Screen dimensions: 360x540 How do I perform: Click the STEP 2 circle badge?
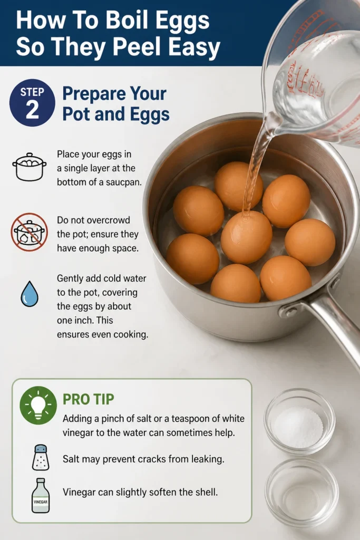[32, 103]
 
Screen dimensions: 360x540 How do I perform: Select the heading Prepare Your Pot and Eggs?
[115, 104]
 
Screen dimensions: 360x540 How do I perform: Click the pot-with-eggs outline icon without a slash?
[30, 167]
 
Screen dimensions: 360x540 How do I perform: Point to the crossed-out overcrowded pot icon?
[30, 232]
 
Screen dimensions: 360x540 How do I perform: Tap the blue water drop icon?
[30, 294]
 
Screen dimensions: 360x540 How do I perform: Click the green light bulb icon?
[38, 405]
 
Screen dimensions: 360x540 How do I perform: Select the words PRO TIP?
[88, 400]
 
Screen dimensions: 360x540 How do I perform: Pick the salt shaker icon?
[41, 457]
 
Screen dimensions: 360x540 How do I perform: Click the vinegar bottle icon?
[41, 495]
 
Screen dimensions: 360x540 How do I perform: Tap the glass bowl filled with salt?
[299, 421]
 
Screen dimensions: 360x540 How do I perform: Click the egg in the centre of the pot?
[247, 237]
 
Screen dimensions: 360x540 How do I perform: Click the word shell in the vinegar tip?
[207, 492]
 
